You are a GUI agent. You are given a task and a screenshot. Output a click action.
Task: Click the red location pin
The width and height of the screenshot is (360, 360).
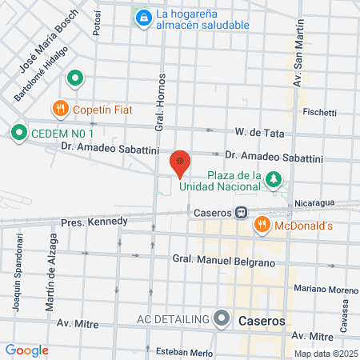[x=181, y=162]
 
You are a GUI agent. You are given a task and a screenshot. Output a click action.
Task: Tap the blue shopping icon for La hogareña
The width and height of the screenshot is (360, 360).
[x=144, y=16]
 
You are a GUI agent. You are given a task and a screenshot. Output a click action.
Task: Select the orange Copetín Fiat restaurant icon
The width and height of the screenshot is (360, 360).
[x=60, y=108]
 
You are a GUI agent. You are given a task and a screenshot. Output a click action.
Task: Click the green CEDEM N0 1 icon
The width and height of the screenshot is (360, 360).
[x=18, y=132]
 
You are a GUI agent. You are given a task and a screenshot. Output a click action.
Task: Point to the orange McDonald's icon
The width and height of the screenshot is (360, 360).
[x=260, y=226]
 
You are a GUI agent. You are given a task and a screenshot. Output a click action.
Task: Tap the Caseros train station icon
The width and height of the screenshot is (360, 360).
[x=240, y=213]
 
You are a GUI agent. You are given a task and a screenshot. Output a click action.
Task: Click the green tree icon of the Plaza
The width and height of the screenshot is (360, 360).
[x=274, y=178]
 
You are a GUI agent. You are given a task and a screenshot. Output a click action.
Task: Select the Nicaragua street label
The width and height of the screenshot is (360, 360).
[x=311, y=204]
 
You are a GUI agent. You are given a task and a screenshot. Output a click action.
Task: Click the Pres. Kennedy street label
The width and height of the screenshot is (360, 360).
[x=94, y=221]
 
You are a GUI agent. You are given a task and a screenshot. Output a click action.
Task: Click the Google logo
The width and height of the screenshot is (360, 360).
[x=26, y=350]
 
